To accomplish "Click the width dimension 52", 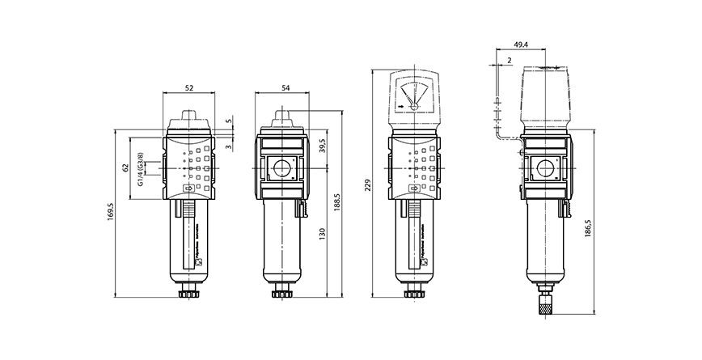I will point(189,87).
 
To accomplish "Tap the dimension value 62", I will point(126,167).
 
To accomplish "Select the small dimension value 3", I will point(229,146).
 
